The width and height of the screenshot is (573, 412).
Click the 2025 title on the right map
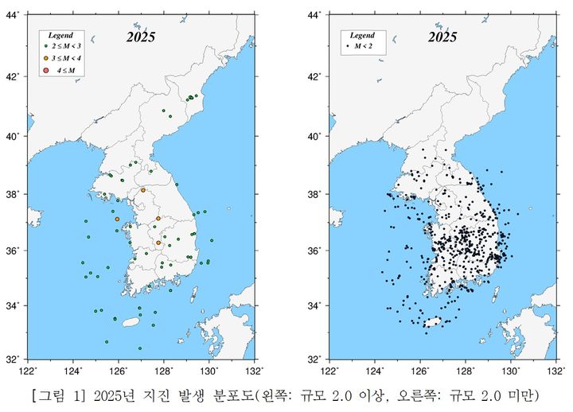coord(442,37)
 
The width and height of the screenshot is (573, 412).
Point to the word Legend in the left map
coord(60,36)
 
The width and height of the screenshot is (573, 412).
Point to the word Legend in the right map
coord(362,36)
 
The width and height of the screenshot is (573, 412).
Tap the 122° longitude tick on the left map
coord(28,369)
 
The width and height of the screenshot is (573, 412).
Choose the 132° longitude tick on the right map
coord(554,369)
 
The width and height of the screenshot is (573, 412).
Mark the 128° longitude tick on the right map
coord(466,369)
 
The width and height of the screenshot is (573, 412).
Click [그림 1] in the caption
coord(54,395)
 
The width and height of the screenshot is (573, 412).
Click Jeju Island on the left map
coord(131,323)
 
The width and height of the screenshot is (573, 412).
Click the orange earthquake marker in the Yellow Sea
coord(117,219)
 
